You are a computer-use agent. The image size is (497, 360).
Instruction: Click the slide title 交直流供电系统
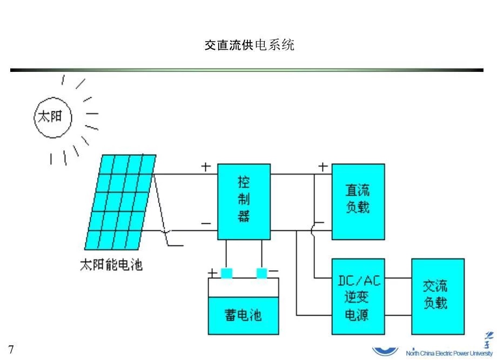(x=249, y=45)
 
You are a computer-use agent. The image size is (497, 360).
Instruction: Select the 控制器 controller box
(x=244, y=201)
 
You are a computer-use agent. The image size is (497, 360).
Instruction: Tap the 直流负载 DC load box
(x=358, y=201)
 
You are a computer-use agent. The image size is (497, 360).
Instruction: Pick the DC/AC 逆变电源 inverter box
(x=358, y=296)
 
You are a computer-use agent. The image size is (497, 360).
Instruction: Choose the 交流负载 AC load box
(x=438, y=296)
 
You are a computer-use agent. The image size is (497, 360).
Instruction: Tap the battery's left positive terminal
(x=226, y=274)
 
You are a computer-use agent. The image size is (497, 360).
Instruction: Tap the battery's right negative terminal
(x=262, y=274)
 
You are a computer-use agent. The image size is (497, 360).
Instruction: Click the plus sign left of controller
(x=206, y=167)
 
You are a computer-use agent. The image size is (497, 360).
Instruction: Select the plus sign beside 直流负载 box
(x=323, y=167)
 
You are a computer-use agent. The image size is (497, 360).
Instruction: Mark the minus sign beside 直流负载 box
(x=320, y=222)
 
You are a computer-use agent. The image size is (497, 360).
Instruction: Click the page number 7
(x=11, y=348)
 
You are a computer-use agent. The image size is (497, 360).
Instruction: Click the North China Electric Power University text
(x=448, y=354)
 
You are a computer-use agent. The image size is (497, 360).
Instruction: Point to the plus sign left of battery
(x=213, y=273)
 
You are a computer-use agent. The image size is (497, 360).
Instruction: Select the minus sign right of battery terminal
(x=274, y=271)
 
